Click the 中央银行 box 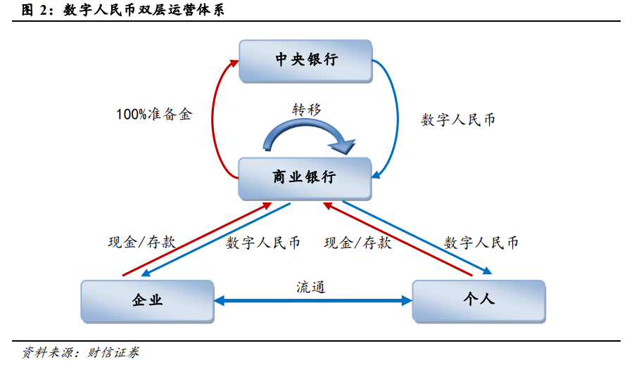305,61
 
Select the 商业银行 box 305,179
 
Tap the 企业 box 148,302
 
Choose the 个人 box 478,302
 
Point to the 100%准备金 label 154,115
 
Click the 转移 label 307,110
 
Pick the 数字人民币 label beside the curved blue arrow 458,120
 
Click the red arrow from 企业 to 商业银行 197,239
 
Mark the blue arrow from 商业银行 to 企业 215,240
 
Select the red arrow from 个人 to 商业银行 398,239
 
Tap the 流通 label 310,287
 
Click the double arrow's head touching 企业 219,301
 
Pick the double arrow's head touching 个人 407,301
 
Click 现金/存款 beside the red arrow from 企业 142,243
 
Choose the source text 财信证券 113,353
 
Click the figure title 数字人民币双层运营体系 144,10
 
